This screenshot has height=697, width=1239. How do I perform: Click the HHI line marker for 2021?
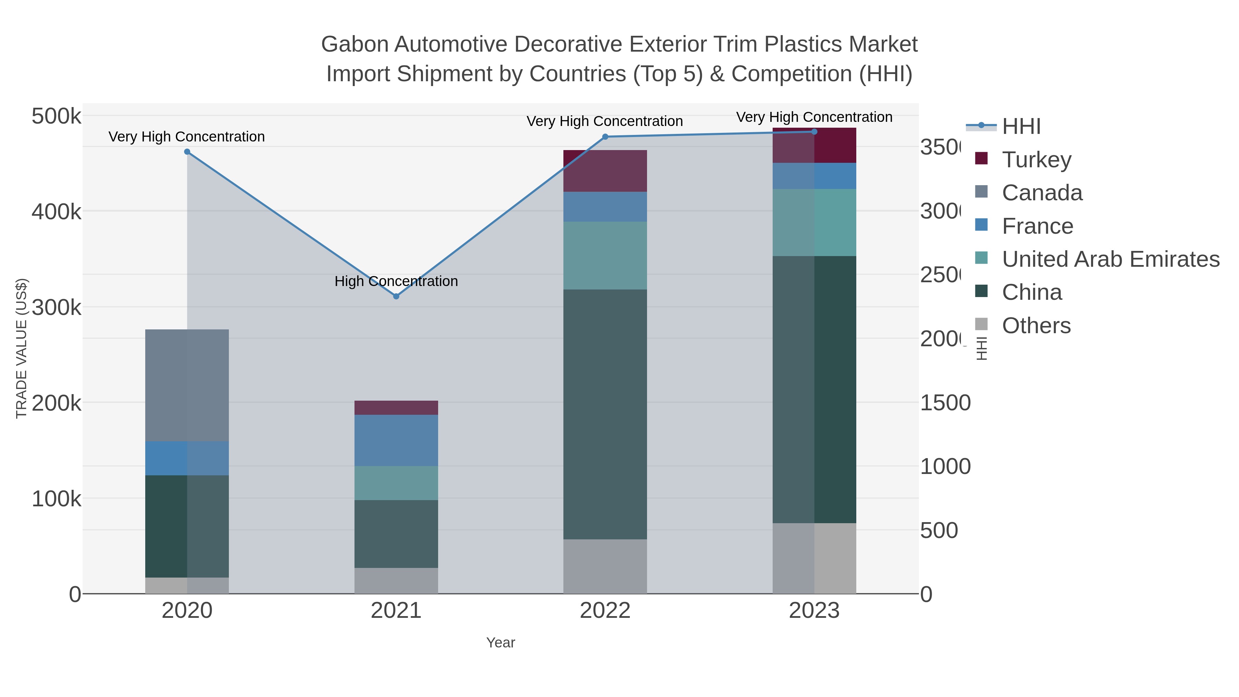click(x=396, y=296)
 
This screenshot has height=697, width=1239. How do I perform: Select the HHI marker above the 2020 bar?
click(x=187, y=151)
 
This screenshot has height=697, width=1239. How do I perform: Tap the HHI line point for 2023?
click(x=814, y=132)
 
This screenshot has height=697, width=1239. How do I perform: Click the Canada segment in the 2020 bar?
click(x=187, y=385)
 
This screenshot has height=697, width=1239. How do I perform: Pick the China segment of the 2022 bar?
click(x=605, y=414)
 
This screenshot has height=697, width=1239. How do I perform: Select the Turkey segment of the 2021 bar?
click(x=396, y=408)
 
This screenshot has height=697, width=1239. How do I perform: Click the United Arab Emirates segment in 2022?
click(x=605, y=255)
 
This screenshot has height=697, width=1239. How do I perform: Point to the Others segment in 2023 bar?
click(x=814, y=558)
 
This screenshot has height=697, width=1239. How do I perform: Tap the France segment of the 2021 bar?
click(x=396, y=440)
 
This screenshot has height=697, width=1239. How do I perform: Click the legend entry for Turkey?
click(x=1037, y=159)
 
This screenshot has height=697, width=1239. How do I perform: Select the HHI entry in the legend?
click(x=1021, y=126)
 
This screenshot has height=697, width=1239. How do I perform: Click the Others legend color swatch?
click(x=981, y=325)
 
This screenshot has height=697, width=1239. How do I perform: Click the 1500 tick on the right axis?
click(x=945, y=403)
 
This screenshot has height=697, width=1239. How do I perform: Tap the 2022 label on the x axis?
click(x=605, y=610)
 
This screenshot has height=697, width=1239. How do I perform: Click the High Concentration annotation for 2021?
click(x=396, y=281)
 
